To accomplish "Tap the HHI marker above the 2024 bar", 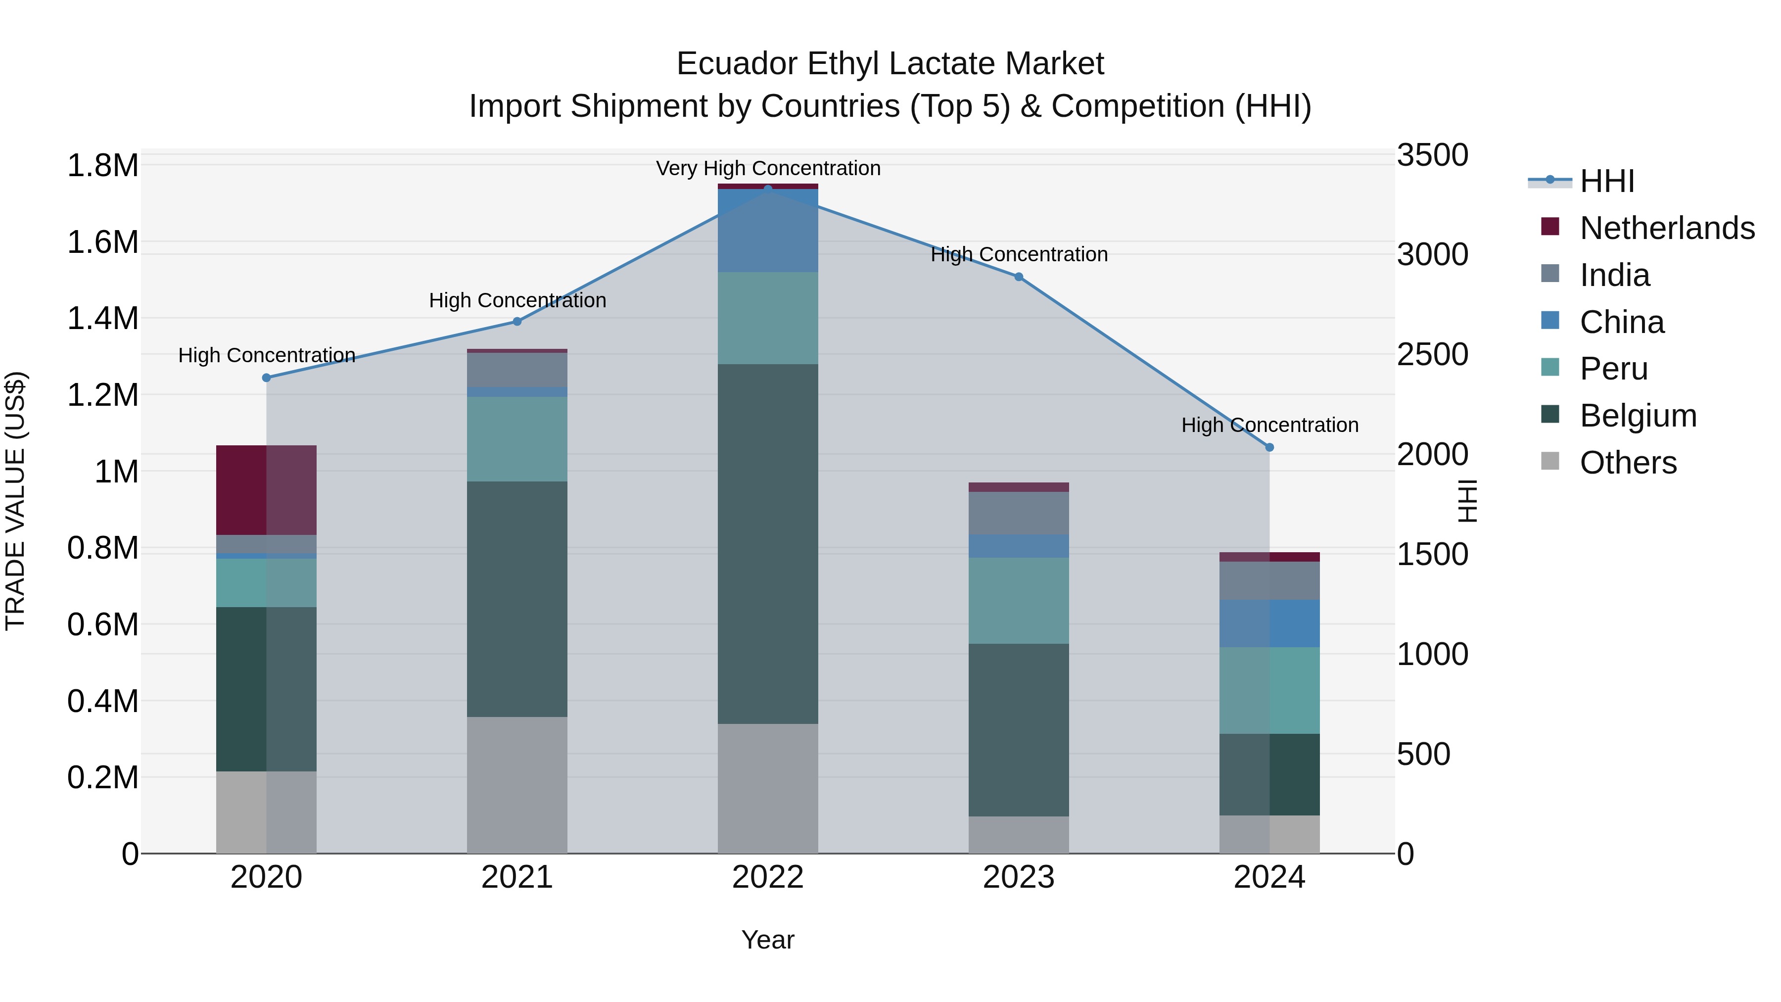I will [1269, 447].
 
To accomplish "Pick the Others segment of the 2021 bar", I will [517, 784].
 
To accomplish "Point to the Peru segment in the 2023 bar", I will [1019, 600].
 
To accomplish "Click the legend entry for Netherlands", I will [1667, 228].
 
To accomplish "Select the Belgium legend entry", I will [1638, 416].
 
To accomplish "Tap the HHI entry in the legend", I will [1607, 181].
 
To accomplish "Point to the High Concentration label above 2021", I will [517, 300].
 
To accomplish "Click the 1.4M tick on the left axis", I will [102, 319].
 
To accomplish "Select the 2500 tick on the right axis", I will [1432, 355].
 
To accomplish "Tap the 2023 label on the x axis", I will [1019, 877].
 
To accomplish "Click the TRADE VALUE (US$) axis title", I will [15, 501].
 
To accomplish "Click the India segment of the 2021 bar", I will [517, 370].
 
